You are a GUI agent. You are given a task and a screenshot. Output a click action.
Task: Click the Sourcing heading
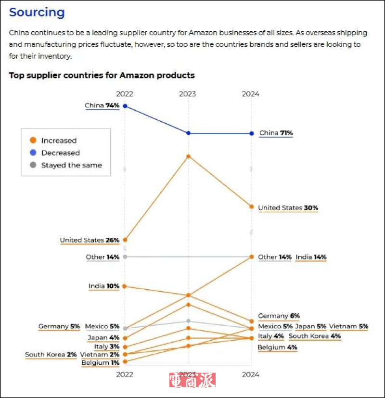(x=37, y=13)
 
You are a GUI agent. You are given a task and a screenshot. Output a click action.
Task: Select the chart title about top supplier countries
(x=102, y=75)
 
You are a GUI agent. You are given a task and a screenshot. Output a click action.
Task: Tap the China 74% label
(x=102, y=105)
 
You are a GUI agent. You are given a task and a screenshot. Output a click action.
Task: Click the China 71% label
(x=276, y=133)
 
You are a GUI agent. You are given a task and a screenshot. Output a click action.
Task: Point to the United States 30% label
(x=288, y=208)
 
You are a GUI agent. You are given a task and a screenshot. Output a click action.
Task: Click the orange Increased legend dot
(x=33, y=141)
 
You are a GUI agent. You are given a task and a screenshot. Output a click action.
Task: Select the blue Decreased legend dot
(x=33, y=153)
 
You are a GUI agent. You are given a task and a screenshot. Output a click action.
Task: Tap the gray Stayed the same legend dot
(x=33, y=165)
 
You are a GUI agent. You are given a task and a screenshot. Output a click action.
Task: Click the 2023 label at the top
(x=188, y=94)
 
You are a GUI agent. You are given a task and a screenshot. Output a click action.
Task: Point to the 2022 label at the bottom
(x=125, y=374)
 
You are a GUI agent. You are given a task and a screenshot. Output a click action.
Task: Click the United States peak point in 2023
(x=188, y=156)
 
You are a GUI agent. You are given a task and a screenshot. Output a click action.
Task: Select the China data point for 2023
(x=188, y=133)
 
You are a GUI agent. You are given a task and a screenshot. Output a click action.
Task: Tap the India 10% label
(x=103, y=286)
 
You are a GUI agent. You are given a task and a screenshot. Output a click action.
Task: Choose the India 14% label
(x=311, y=257)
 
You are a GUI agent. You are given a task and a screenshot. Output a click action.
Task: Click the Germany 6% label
(x=279, y=316)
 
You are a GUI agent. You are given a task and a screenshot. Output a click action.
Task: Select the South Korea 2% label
(x=51, y=355)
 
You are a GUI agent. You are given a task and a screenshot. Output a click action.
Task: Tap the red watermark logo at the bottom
(x=192, y=380)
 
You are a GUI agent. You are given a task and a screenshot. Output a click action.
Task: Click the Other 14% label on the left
(x=103, y=257)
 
